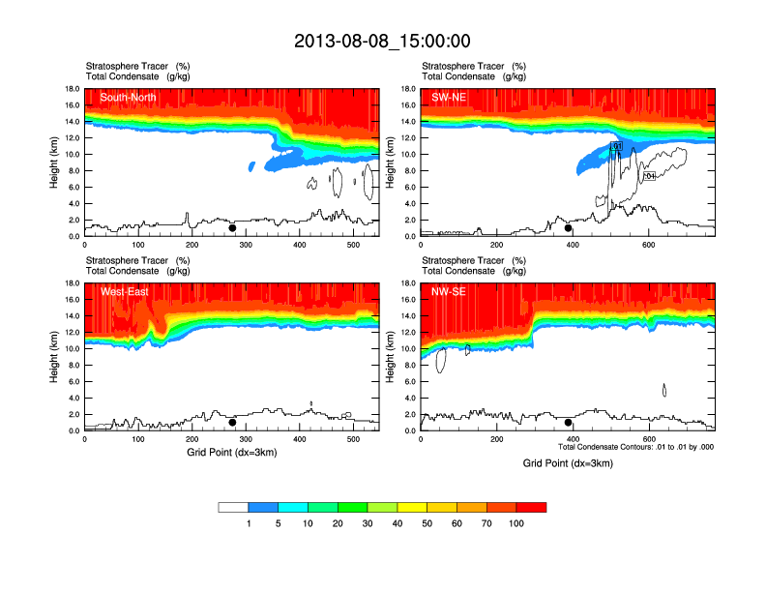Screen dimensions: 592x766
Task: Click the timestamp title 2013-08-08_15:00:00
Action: [x=382, y=41]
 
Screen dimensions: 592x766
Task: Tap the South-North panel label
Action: [x=130, y=97]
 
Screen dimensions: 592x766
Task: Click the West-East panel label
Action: [x=125, y=291]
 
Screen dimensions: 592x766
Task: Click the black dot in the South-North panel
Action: [x=232, y=228]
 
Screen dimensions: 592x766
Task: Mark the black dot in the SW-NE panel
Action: [x=569, y=228]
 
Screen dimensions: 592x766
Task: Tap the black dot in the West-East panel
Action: [x=232, y=423]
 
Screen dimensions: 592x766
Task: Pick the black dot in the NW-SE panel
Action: [x=569, y=423]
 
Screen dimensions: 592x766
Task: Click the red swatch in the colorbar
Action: [x=531, y=507]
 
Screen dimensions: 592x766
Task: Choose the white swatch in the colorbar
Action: [x=233, y=507]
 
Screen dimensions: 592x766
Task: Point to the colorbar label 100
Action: [x=517, y=523]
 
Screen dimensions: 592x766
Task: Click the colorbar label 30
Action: [x=368, y=523]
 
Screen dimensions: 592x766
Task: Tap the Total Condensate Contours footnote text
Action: [x=636, y=447]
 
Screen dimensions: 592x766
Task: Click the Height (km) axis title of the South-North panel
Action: [x=55, y=163]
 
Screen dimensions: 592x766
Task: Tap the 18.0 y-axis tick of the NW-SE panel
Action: [x=408, y=283]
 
